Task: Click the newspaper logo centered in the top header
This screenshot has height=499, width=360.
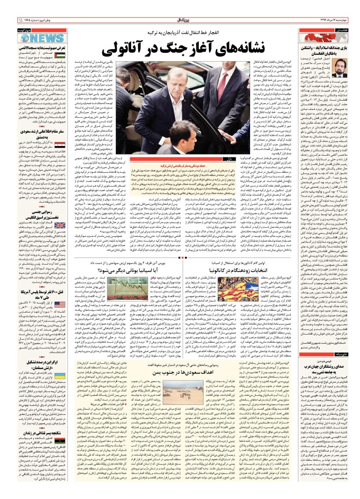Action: coord(180,20)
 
